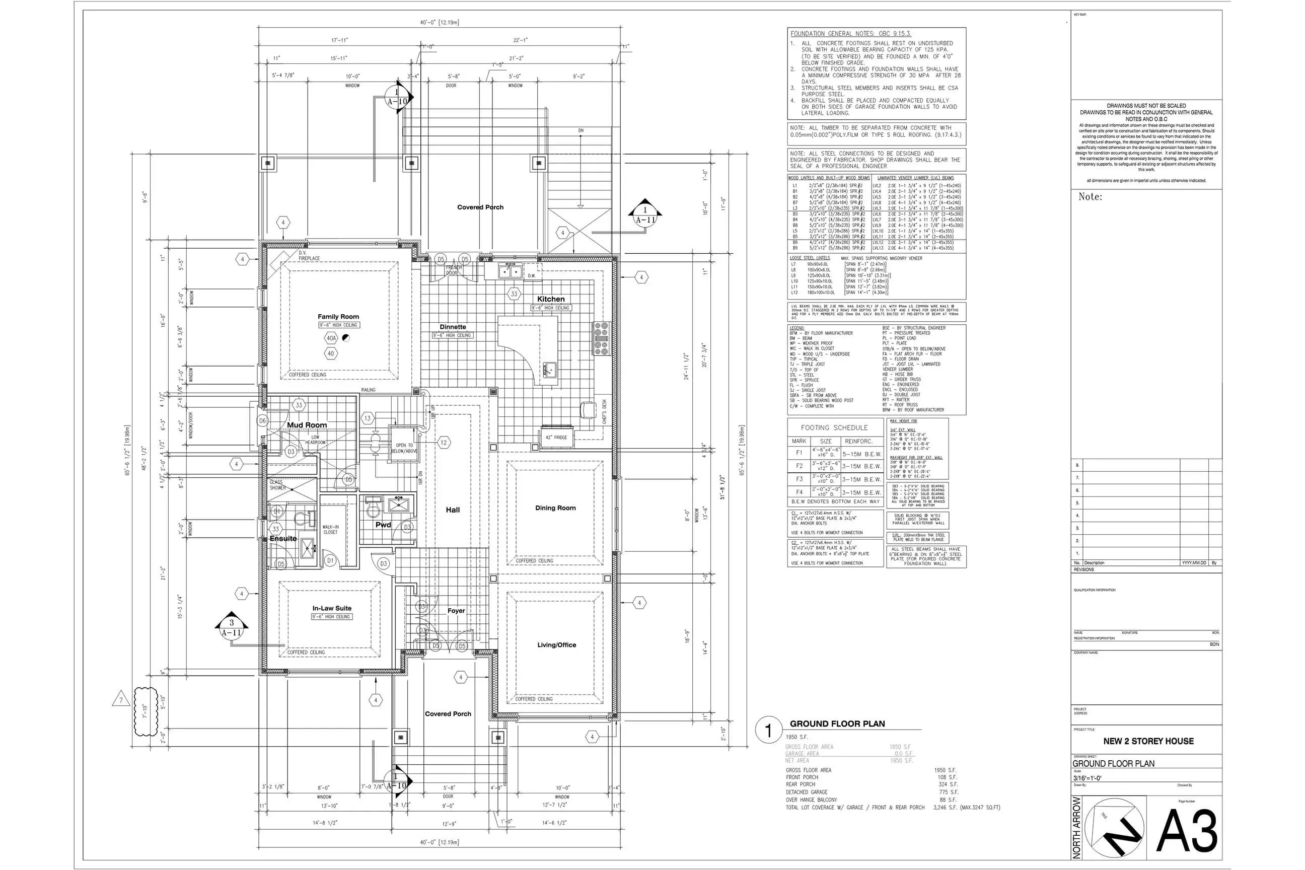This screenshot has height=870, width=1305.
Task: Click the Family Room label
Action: (x=338, y=316)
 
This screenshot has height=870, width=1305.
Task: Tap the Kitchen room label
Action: (x=550, y=299)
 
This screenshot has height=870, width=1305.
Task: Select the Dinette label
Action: (x=453, y=327)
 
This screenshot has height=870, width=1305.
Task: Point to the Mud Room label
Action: (x=307, y=425)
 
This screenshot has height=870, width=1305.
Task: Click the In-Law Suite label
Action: (x=332, y=608)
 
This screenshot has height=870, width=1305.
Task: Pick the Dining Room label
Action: (x=555, y=507)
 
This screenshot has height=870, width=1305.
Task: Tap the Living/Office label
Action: (x=556, y=645)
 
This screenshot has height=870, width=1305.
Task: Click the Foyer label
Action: (x=456, y=610)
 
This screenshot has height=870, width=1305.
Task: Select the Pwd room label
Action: (x=383, y=524)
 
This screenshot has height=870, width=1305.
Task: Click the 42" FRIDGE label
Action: (x=556, y=437)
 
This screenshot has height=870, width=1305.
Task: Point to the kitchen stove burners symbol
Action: (x=601, y=338)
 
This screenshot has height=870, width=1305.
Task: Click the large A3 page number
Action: (x=1187, y=831)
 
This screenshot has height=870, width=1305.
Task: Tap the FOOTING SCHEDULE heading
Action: (x=834, y=428)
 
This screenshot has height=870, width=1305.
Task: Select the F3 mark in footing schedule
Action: (x=799, y=479)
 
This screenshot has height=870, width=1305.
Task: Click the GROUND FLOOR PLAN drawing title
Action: (x=837, y=723)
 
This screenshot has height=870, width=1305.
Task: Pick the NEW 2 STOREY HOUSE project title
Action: (x=1148, y=741)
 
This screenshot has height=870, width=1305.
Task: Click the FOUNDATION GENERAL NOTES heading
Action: (x=850, y=34)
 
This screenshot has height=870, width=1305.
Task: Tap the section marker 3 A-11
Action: (x=232, y=627)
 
